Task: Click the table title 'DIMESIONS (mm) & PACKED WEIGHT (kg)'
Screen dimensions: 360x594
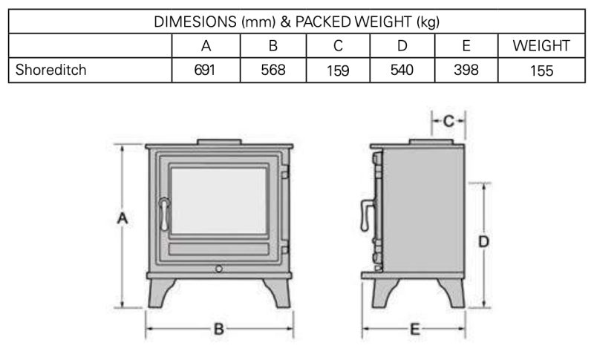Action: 296,21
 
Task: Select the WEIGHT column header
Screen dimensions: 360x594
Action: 541,46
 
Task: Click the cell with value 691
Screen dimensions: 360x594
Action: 206,71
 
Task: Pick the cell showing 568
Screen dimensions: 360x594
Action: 272,71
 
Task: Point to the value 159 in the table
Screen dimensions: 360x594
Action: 337,71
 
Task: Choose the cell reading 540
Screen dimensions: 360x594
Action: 402,71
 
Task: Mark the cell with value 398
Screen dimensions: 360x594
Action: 466,71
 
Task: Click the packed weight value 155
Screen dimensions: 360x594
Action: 541,71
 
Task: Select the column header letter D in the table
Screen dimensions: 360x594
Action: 402,46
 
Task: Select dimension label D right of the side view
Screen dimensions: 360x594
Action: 483,242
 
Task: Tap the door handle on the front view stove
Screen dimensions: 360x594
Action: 161,213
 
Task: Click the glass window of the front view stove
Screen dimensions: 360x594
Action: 219,200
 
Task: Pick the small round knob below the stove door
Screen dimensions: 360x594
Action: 219,267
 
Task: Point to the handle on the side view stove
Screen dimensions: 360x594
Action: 365,215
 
